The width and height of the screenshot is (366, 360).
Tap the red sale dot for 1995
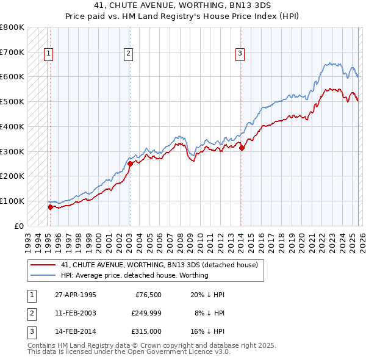click(50, 207)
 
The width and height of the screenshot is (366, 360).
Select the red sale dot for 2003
click(130, 164)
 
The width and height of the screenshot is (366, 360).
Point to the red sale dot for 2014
click(242, 147)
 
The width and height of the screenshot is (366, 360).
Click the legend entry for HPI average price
click(134, 275)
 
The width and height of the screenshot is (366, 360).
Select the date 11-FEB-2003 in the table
click(76, 313)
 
